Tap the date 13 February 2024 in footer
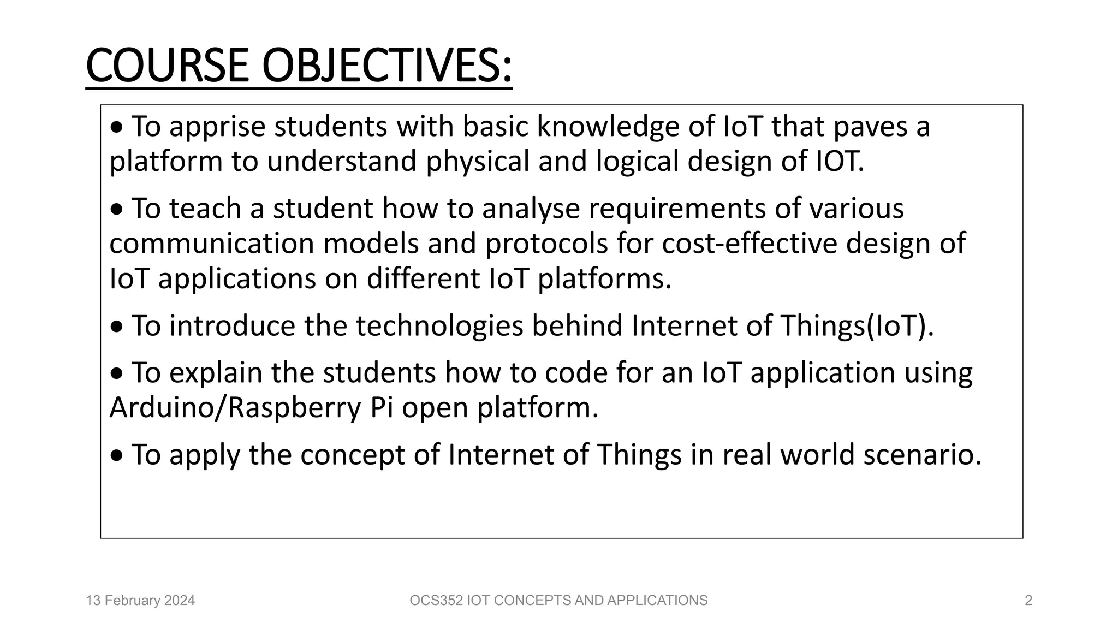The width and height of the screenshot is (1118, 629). point(140,601)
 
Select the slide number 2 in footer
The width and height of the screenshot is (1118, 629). point(1028,601)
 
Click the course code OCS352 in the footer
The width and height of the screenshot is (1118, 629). point(436,601)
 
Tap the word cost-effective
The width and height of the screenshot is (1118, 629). point(750,244)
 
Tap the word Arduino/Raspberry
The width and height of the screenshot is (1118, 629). point(235,408)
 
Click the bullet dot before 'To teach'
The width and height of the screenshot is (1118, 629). point(117,210)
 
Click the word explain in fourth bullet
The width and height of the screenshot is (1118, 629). point(216,373)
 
